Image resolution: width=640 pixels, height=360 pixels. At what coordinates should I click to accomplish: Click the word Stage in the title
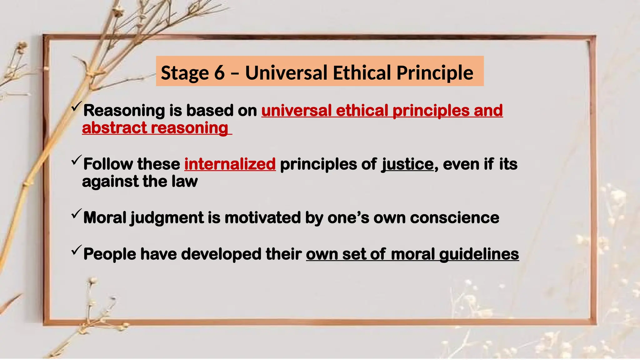coord(185,73)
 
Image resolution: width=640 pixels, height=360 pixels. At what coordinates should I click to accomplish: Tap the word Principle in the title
coord(435,73)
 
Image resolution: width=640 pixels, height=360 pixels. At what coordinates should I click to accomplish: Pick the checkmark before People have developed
coord(76,250)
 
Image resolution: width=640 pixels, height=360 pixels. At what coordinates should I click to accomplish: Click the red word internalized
coord(230,164)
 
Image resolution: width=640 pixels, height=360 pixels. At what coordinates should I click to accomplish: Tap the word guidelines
coord(479,254)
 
